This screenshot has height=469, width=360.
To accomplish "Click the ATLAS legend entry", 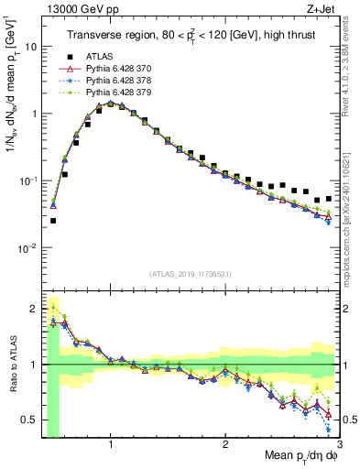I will point(99,56).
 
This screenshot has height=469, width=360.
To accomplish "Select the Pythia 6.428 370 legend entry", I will point(117,68).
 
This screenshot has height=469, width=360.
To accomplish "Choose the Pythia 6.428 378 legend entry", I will point(117,80).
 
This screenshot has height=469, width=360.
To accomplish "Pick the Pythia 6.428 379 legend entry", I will point(117,92).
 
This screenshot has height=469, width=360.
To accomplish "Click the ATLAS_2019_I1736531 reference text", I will point(190,273).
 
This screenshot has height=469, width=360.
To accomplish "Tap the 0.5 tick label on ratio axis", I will point(29,420).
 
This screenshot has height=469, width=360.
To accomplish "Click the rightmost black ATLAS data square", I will point(329,198).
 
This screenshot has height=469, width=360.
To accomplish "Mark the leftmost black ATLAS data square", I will point(53,221).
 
